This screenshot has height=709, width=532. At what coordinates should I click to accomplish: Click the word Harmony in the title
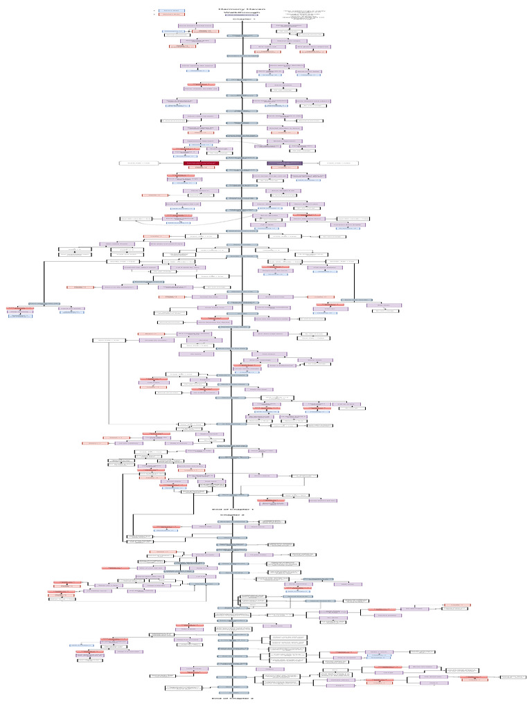(230, 8)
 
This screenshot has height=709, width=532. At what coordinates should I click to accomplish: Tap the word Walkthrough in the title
(242, 12)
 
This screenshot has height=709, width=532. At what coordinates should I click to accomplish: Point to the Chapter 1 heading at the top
(243, 19)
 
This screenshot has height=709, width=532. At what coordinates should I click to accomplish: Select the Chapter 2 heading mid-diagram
(232, 515)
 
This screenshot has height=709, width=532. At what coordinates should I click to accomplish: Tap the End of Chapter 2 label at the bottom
(233, 699)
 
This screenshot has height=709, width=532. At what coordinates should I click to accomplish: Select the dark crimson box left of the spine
(201, 163)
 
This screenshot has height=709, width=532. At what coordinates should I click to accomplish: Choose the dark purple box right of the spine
(285, 163)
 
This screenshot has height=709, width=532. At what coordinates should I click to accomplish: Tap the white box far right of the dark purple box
(343, 163)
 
